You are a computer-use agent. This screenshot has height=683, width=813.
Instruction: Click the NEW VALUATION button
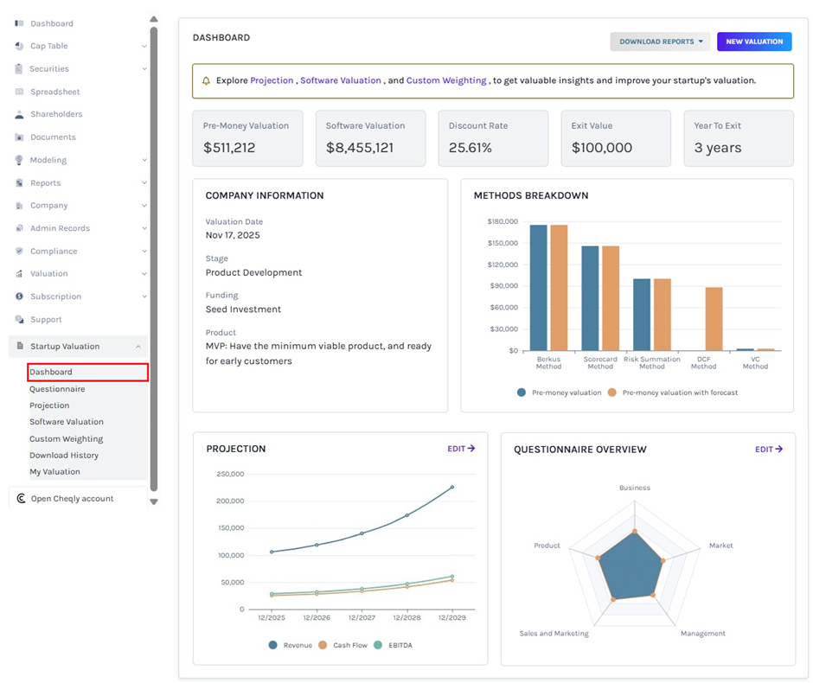coord(754,41)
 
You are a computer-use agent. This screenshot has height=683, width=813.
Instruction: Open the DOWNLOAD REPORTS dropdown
coord(661,41)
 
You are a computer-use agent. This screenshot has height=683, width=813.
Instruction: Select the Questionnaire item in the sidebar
coord(57,389)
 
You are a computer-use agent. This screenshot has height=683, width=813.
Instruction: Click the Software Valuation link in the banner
coord(341,80)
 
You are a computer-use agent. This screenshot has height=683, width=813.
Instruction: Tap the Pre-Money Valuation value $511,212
coord(229,148)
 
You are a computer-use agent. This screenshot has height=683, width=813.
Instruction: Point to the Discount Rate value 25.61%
coord(471,148)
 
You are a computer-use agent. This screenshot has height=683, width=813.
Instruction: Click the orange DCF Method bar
coord(714,318)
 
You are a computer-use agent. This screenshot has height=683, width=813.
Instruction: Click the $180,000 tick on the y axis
coord(503,221)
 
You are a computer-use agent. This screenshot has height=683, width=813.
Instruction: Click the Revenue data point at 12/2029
coord(451,488)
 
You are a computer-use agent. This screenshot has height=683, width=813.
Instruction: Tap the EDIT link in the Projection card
coord(461,449)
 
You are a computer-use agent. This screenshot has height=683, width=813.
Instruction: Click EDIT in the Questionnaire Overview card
coord(769,450)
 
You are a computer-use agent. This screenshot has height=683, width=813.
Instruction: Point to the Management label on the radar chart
coord(702,634)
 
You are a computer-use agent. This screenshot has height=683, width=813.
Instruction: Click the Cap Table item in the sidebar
coord(49,46)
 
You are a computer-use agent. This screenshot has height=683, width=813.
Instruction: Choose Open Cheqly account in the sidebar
coord(72,499)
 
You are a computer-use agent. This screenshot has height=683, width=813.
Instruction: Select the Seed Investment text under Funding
coord(243,310)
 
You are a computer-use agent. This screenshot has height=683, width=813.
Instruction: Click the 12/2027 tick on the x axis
coord(362,618)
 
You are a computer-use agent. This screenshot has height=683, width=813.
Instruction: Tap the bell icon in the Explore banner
coord(206,81)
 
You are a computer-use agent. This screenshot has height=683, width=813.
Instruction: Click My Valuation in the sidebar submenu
coord(54,472)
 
